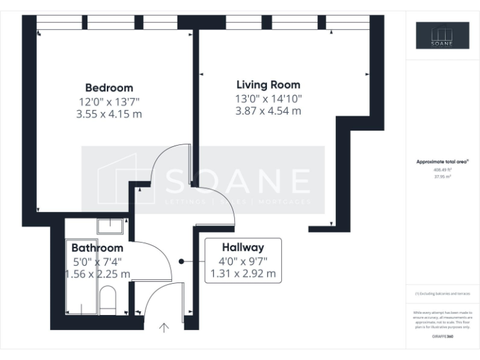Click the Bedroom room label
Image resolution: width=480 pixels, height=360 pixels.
[x=109, y=87]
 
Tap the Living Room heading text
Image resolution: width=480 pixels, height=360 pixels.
[x=268, y=84]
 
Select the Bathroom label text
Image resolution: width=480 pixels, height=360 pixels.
[x=97, y=247]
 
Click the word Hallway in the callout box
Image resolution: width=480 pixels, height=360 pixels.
[x=242, y=247]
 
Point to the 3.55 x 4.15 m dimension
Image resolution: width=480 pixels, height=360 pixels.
[x=109, y=114]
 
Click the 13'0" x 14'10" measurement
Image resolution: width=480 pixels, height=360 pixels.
[x=268, y=98]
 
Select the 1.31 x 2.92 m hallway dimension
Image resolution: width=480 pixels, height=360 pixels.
[x=242, y=274]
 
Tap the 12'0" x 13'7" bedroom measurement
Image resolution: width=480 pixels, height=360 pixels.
[x=109, y=101]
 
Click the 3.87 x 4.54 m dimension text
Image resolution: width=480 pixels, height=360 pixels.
[x=268, y=111]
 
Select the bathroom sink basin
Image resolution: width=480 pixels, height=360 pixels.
[x=111, y=225]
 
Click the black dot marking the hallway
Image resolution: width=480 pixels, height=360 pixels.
[x=181, y=261]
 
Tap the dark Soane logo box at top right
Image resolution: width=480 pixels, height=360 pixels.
[x=442, y=36]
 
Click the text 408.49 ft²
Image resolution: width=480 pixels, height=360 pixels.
[x=442, y=169]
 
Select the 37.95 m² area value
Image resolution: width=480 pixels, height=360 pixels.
[x=442, y=177]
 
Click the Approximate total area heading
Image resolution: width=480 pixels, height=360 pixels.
[x=442, y=162]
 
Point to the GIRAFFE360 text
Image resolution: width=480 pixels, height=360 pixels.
[x=442, y=337]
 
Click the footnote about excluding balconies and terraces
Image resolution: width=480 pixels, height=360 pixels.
[x=442, y=294]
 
